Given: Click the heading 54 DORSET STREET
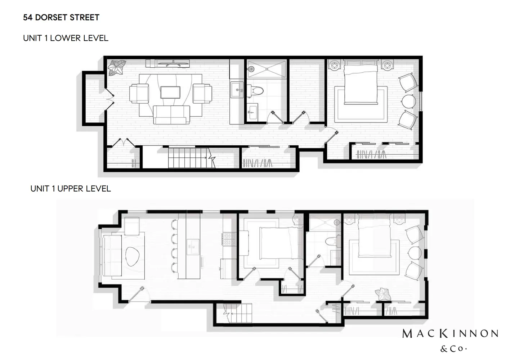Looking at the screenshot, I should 61,17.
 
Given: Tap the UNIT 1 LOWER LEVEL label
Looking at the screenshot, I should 66,38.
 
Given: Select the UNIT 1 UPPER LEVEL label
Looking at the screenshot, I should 71,189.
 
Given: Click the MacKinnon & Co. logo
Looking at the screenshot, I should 450,338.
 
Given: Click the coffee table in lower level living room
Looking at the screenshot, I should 171,92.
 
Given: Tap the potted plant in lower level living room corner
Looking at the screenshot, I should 117,67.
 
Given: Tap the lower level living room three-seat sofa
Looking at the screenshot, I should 171,115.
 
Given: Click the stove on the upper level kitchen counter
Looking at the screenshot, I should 229,237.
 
